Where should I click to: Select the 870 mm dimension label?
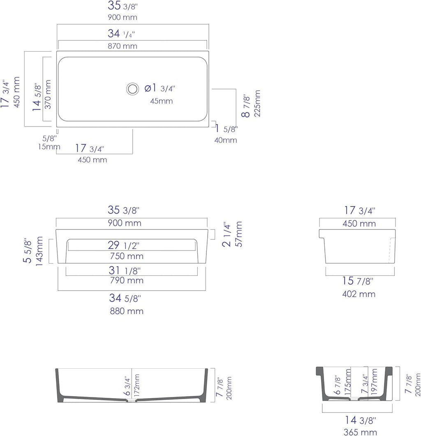(123, 46)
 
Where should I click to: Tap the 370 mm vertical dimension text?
(48, 94)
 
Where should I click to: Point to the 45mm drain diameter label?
(162, 101)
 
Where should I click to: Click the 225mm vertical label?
(257, 103)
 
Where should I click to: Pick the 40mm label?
(226, 140)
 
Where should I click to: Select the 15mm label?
(49, 147)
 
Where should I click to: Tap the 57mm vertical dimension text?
(239, 234)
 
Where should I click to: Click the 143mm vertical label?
(39, 251)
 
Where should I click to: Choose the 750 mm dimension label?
(127, 256)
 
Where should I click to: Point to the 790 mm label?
(127, 280)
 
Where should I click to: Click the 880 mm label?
(127, 311)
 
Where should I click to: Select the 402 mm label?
(359, 294)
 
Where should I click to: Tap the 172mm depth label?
(136, 386)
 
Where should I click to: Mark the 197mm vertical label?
(374, 381)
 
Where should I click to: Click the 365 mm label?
(360, 432)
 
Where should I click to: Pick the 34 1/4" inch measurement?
(121, 34)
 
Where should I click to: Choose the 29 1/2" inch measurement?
(124, 245)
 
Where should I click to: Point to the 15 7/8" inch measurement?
(358, 281)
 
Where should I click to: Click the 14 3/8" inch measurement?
(361, 420)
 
